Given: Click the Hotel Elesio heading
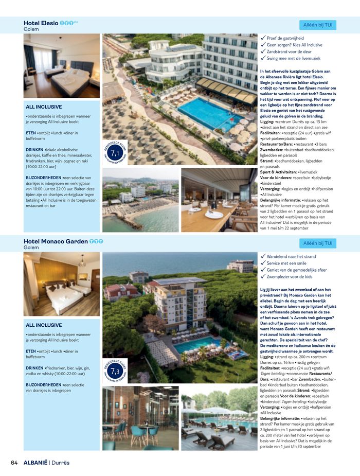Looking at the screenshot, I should tap(41, 23).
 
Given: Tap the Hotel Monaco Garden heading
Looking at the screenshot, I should tap(56, 241).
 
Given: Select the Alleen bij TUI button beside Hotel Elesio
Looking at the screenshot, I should tap(317, 25).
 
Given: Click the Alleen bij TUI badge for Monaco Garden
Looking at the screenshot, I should tap(317, 243).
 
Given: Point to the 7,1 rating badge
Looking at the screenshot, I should tap(115, 153).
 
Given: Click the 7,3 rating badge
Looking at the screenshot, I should tap(115, 371).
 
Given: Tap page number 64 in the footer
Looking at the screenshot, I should tap(14, 463).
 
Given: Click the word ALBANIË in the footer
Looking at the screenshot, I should tap(35, 463).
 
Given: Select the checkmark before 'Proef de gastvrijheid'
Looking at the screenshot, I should tap(263, 38).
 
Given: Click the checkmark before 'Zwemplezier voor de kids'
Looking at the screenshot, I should tap(263, 276).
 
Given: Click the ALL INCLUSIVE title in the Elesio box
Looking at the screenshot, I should tap(44, 107).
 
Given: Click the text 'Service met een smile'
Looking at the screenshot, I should tap(286, 263).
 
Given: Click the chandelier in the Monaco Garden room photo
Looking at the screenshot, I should tap(81, 262).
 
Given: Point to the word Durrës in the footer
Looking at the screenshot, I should tap(61, 463).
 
